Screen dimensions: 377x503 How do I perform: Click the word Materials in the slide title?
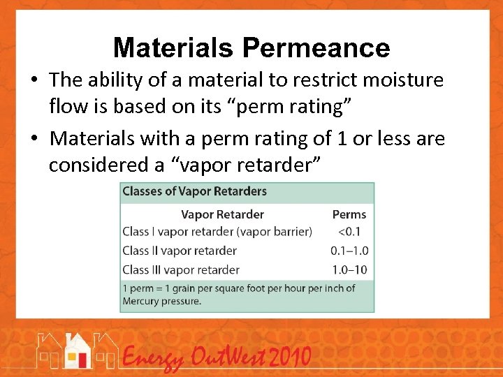tap(173, 48)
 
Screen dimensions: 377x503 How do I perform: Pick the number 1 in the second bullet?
tap(342, 139)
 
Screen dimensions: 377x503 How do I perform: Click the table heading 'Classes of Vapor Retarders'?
tap(195, 191)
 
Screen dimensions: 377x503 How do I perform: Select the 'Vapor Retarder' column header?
tap(222, 214)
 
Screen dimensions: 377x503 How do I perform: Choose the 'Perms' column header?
tap(349, 214)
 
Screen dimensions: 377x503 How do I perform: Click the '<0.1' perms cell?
tap(349, 232)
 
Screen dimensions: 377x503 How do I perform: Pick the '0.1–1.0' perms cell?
tap(349, 251)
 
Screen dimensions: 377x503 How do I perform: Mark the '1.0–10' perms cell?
tap(349, 269)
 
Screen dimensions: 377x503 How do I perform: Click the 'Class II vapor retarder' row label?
tap(180, 251)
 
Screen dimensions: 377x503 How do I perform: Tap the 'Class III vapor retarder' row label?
tap(181, 269)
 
